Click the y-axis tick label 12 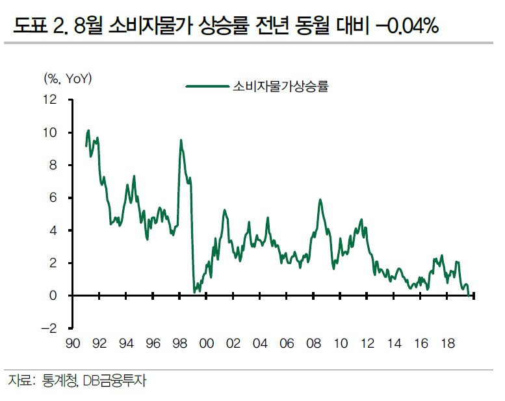50,100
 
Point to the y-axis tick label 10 50,132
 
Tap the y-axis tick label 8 53,165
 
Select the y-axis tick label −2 49,328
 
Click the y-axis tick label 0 53,296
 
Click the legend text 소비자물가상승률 280,86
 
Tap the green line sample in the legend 207,86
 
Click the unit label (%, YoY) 68,79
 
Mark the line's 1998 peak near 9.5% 181,140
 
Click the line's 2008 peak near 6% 320,200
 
